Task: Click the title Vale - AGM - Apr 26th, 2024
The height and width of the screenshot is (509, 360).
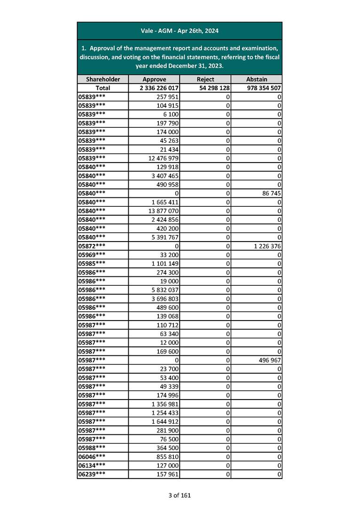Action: click(180, 31)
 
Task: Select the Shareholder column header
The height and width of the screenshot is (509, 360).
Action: click(103, 79)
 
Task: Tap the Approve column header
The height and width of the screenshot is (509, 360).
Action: click(154, 79)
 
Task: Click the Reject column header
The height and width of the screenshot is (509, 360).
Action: click(205, 79)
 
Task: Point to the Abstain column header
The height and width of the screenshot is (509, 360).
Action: click(257, 79)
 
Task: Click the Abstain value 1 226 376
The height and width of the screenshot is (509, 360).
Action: click(266, 246)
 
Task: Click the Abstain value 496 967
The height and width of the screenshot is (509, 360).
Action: click(268, 360)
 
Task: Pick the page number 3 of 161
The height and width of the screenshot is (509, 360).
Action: click(180, 495)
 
